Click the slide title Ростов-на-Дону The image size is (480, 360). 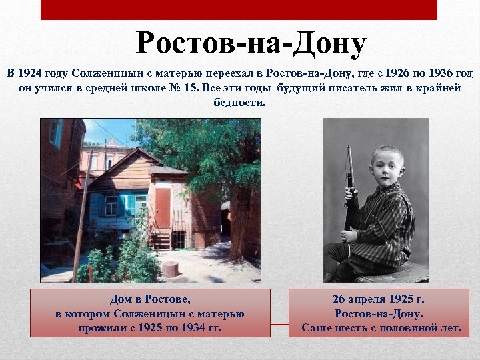[251, 43]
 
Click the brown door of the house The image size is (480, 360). [163, 207]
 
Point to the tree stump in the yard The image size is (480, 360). [171, 269]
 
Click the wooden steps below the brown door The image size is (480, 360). [161, 238]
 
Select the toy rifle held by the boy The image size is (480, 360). [349, 193]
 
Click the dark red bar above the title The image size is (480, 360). [239, 9]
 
